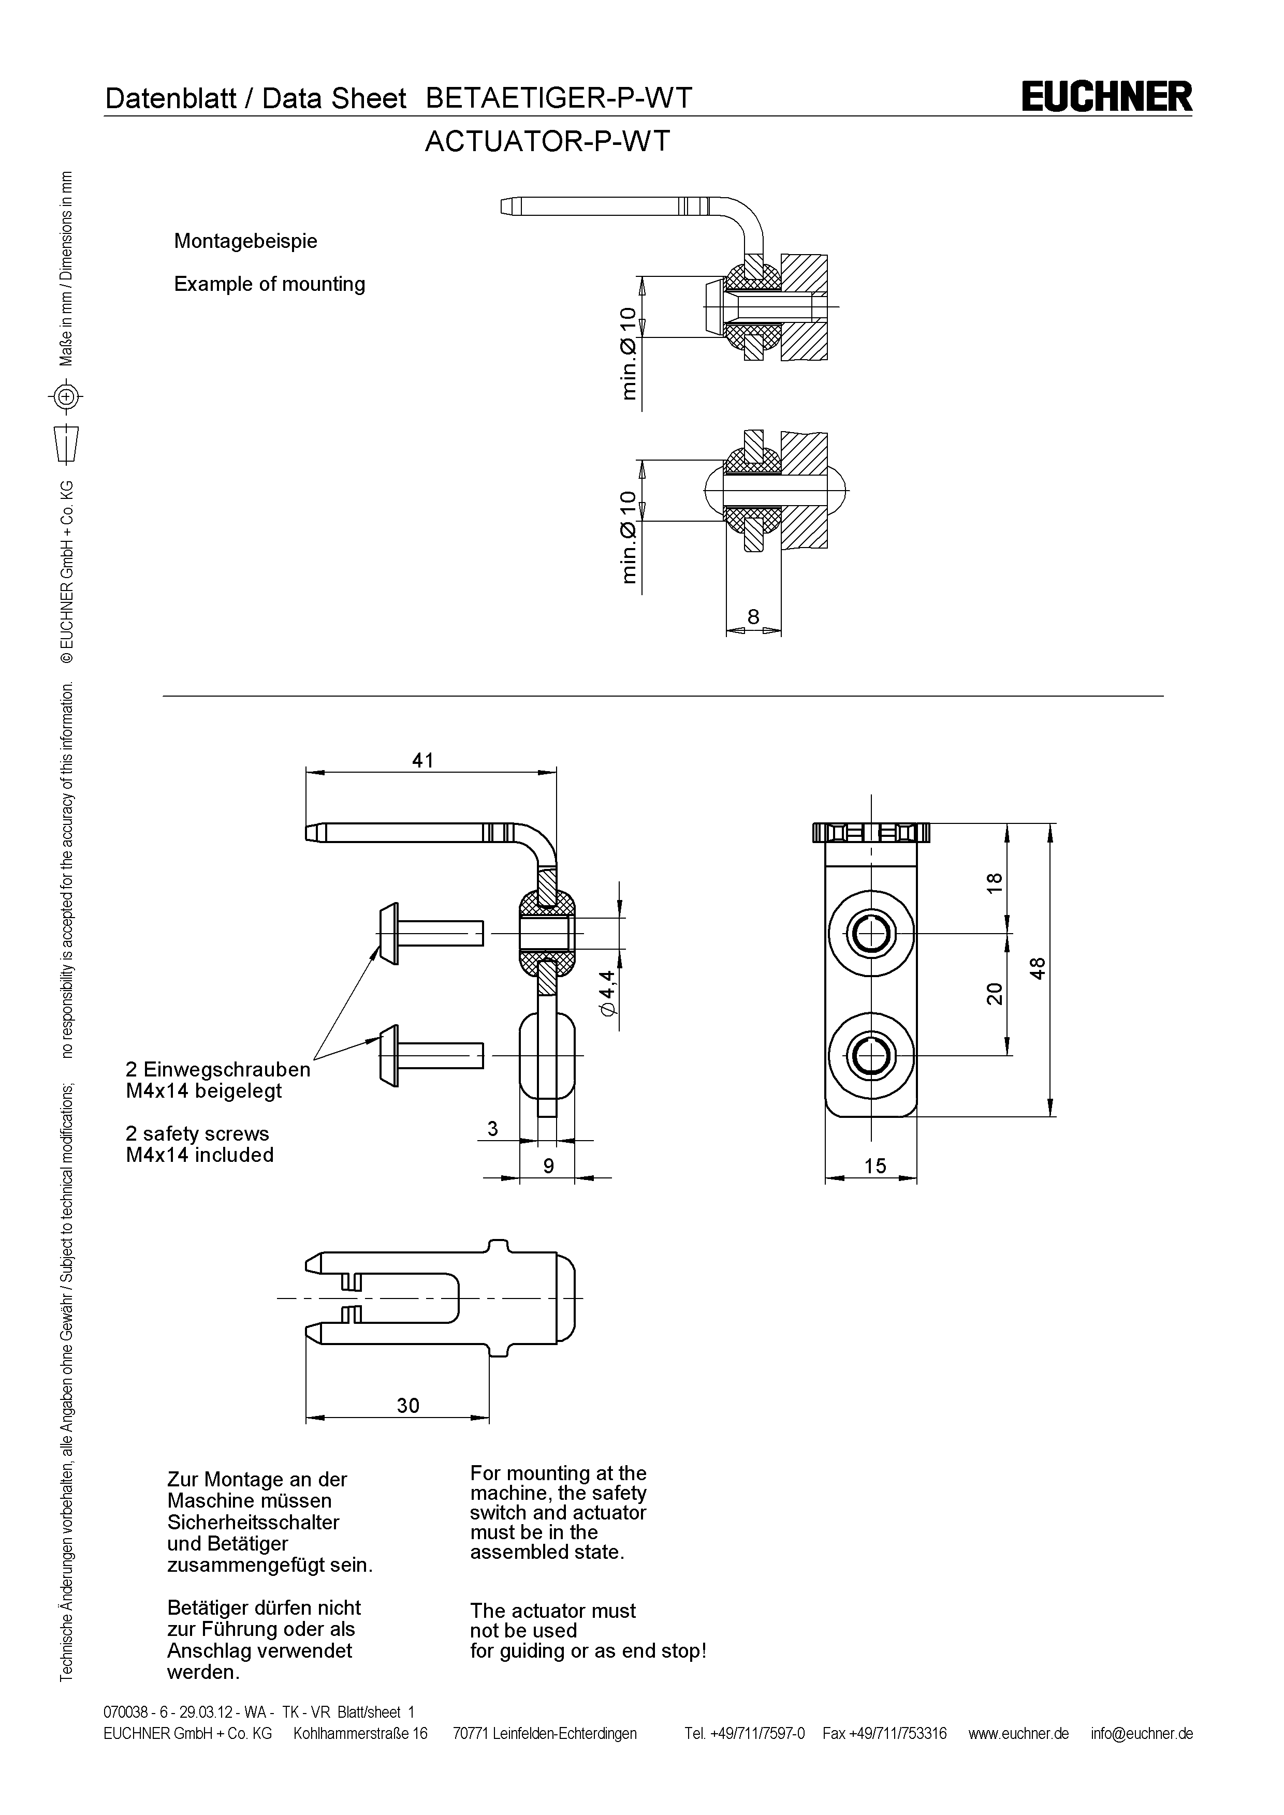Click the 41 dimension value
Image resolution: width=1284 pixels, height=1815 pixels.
(423, 760)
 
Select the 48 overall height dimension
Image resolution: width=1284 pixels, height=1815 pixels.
(1038, 968)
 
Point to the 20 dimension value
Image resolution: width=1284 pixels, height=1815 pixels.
(995, 993)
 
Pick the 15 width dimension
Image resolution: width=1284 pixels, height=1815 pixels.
(875, 1166)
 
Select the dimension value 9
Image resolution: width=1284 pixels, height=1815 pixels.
(548, 1166)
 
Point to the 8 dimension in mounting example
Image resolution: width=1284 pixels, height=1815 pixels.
(753, 616)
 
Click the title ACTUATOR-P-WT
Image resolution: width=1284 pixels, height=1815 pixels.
(547, 141)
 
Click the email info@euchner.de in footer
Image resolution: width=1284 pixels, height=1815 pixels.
(1142, 1734)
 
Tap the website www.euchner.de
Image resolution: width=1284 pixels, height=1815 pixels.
(1018, 1734)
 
